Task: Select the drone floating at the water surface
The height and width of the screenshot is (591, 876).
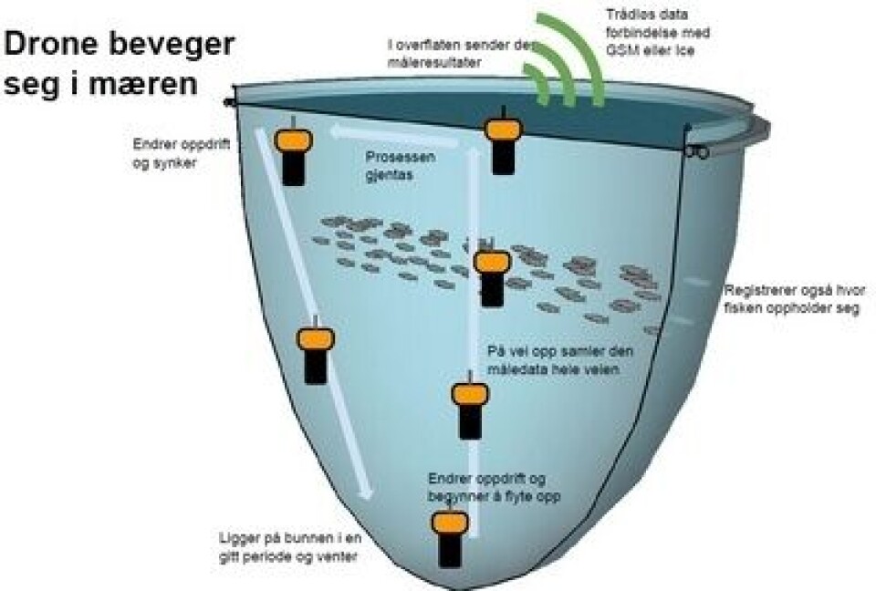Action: (x=501, y=141)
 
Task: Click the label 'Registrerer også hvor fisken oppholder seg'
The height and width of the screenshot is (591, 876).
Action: (x=795, y=299)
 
